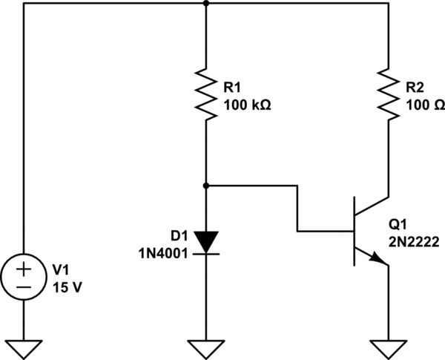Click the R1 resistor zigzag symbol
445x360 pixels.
click(x=206, y=93)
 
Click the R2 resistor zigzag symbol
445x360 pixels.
click(x=388, y=93)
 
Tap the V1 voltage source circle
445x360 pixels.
click(x=24, y=278)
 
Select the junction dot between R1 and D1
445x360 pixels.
click(x=206, y=185)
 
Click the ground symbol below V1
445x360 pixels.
click(x=24, y=347)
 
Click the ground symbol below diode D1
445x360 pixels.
click(x=206, y=347)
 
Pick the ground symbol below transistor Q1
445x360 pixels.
click(x=388, y=347)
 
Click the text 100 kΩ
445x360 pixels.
click(x=247, y=105)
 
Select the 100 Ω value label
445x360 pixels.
click(x=425, y=105)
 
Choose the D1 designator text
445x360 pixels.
click(x=179, y=236)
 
